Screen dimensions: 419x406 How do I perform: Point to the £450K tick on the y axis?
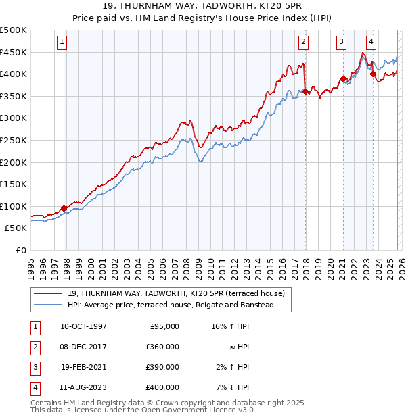pyautogui.click(x=14, y=52)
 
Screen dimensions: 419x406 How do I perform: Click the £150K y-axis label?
pyautogui.click(x=14, y=184)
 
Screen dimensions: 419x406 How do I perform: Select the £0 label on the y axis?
pyautogui.click(x=22, y=250)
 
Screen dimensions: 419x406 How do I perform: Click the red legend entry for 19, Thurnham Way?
pyautogui.click(x=176, y=293)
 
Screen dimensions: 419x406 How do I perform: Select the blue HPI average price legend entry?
pyautogui.click(x=169, y=305)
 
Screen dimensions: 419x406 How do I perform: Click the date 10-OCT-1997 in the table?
pyautogui.click(x=83, y=326)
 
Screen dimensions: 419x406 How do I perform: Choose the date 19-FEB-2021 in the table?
pyautogui.click(x=83, y=367)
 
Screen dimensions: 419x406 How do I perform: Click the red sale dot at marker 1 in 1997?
pyautogui.click(x=64, y=208)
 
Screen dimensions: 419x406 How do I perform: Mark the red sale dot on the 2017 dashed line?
pyautogui.click(x=306, y=91)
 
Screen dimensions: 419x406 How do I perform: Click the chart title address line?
pyautogui.click(x=203, y=8)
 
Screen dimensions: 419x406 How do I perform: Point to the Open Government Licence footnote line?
pyautogui.click(x=143, y=410)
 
